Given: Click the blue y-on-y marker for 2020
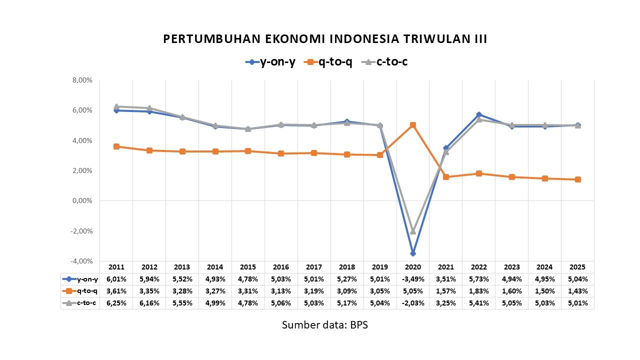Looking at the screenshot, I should tap(412, 253).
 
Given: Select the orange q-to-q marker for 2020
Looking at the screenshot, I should tap(412, 125).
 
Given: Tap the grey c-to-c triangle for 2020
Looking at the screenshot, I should tap(412, 231).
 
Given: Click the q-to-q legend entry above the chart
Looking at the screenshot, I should tap(329, 62).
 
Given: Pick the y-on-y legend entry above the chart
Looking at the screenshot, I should tap(270, 62).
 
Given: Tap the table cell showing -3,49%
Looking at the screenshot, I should tap(412, 279).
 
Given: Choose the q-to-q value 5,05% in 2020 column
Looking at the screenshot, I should tap(412, 291).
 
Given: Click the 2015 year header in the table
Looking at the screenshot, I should tap(248, 267).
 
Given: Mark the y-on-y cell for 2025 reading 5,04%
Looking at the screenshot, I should tap(577, 279).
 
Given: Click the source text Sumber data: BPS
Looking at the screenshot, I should tap(325, 325).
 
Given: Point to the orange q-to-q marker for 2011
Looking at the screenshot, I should tap(116, 146).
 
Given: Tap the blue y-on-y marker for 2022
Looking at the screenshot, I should tap(478, 114).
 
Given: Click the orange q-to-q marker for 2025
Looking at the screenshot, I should tap(577, 179).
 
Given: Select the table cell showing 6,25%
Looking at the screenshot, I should tap(116, 303).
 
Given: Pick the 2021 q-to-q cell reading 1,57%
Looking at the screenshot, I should tap(445, 291).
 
